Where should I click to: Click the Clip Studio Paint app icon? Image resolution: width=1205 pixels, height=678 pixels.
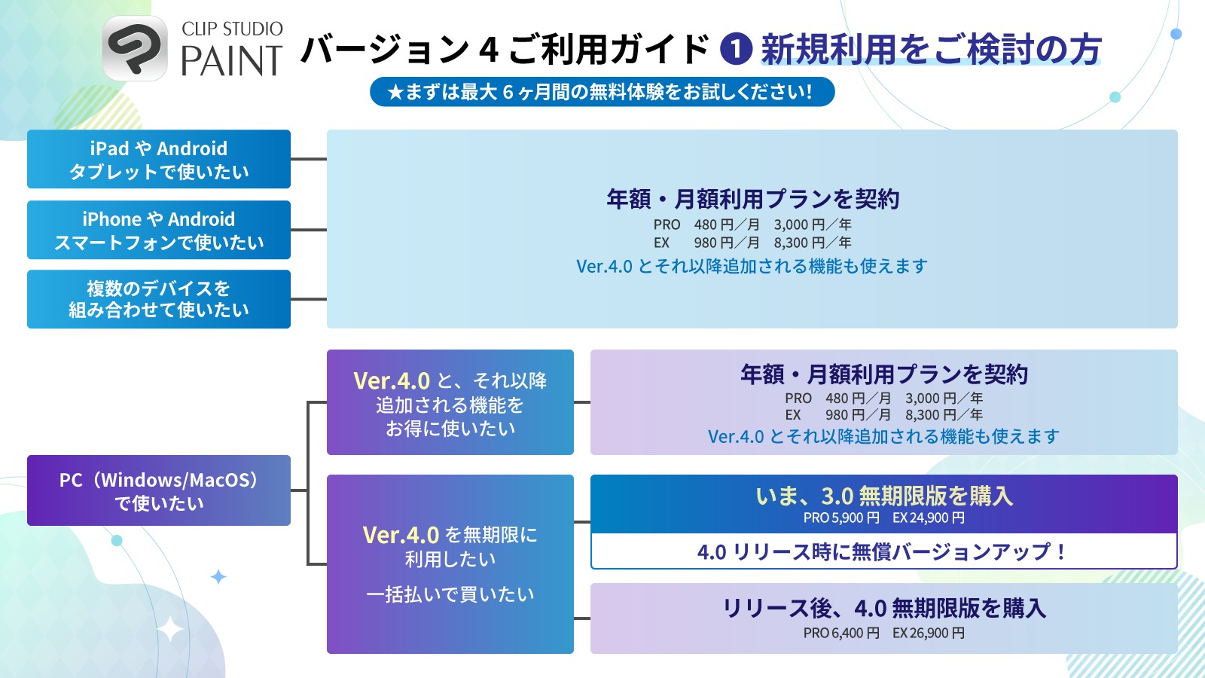click(135, 48)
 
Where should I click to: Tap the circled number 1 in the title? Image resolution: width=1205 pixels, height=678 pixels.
click(736, 49)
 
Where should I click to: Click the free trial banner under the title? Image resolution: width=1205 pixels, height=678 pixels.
click(602, 92)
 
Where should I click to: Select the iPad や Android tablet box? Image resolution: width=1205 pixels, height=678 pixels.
click(159, 159)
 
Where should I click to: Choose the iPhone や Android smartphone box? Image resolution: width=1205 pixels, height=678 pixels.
click(159, 230)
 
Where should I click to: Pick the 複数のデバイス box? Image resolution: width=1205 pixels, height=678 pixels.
click(159, 299)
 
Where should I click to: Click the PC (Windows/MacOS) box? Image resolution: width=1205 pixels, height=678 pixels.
click(159, 490)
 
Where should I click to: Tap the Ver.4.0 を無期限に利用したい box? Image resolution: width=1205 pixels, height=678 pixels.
click(450, 563)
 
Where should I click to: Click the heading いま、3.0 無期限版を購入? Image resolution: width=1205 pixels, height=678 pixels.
click(884, 496)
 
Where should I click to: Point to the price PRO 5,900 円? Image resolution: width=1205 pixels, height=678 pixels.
click(841, 518)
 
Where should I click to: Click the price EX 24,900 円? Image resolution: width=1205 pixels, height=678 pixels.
click(929, 518)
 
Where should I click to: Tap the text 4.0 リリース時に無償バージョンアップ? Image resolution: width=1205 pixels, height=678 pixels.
click(883, 551)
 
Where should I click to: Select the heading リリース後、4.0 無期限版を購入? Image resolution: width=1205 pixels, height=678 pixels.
click(884, 608)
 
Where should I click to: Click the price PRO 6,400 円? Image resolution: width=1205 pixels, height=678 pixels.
click(841, 634)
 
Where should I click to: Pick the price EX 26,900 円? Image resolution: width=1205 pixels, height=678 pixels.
click(929, 634)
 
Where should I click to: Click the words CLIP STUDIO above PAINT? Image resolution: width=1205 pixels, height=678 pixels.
click(232, 29)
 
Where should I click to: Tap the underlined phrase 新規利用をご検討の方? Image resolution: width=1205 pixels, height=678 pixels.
click(931, 50)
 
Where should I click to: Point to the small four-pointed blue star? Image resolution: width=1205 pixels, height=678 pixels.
click(218, 577)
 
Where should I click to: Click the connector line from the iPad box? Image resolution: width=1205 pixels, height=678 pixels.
click(309, 159)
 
